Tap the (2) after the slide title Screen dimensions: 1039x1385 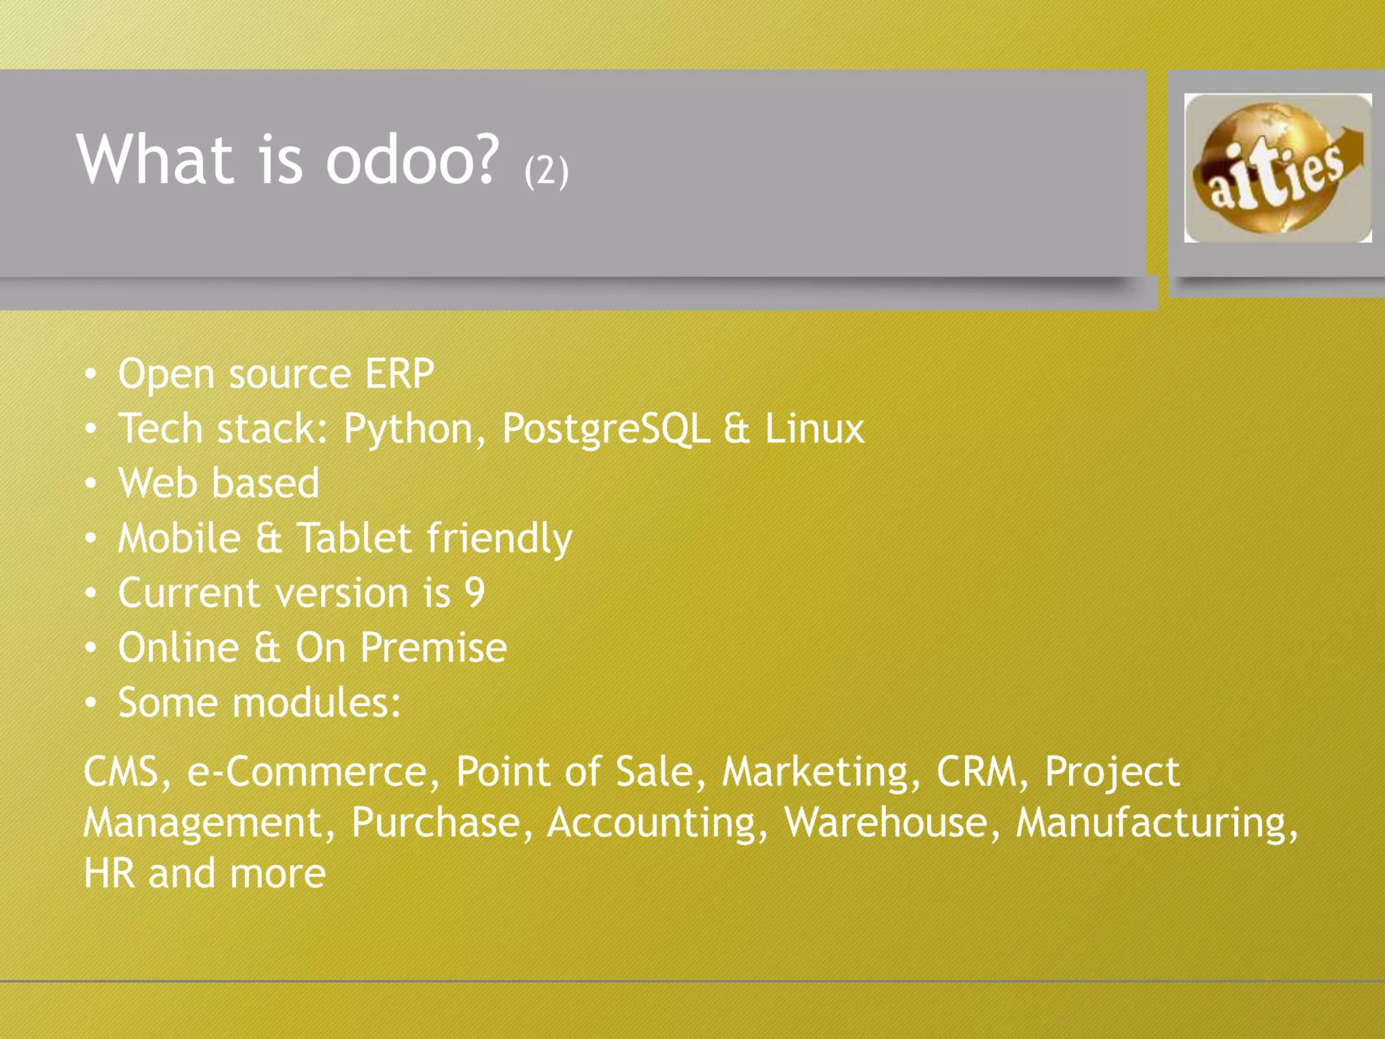pyautogui.click(x=546, y=170)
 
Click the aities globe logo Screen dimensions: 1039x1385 pyautogui.click(x=1277, y=168)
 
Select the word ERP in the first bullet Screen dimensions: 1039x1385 pyautogui.click(x=399, y=373)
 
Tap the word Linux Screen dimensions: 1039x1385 pyautogui.click(x=814, y=429)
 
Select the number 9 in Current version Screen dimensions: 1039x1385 pyautogui.click(x=475, y=593)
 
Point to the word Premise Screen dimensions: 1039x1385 pyautogui.click(x=433, y=648)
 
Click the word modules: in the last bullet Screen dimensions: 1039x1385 pyautogui.click(x=316, y=703)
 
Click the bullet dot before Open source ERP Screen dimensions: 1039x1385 pyautogui.click(x=91, y=374)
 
